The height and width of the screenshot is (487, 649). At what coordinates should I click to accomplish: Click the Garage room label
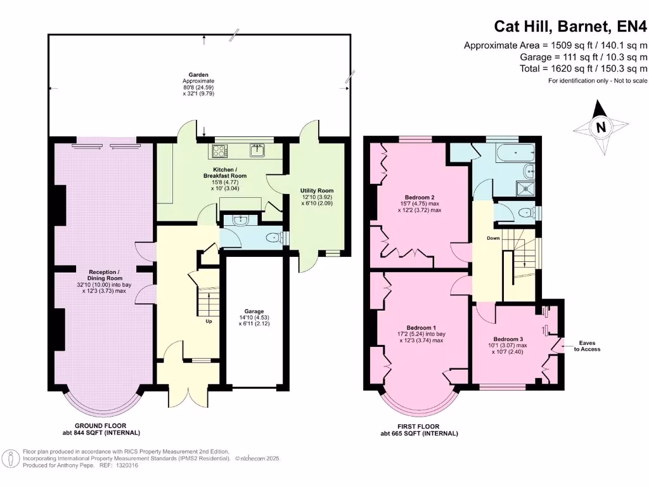[254, 311]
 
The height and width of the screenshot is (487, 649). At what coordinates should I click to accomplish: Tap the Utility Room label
[317, 191]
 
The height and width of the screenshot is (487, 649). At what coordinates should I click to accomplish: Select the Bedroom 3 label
[508, 339]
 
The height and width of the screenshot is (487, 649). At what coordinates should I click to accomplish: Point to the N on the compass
[601, 127]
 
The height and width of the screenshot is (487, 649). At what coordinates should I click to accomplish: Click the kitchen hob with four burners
[219, 151]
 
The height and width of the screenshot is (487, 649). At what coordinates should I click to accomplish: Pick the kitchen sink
[258, 150]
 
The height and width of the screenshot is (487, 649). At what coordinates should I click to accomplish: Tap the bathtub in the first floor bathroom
[515, 153]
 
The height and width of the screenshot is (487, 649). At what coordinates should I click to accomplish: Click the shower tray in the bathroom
[525, 188]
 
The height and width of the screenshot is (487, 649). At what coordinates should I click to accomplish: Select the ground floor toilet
[274, 238]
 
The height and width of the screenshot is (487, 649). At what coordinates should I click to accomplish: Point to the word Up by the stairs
[209, 321]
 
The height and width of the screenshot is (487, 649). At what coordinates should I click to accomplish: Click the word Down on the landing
[493, 238]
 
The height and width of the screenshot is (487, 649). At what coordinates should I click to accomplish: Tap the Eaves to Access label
[587, 346]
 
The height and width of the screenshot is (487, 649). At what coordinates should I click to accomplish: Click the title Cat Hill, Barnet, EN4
[570, 27]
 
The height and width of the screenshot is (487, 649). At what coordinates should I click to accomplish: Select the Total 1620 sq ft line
[584, 68]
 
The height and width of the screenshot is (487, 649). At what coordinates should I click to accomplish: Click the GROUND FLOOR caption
[101, 425]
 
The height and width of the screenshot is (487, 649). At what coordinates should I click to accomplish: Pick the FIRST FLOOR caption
[418, 427]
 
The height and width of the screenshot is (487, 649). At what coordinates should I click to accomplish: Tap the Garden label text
[198, 75]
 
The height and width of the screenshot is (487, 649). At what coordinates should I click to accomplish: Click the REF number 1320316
[127, 465]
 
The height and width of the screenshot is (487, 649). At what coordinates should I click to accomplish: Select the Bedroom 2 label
[420, 198]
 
